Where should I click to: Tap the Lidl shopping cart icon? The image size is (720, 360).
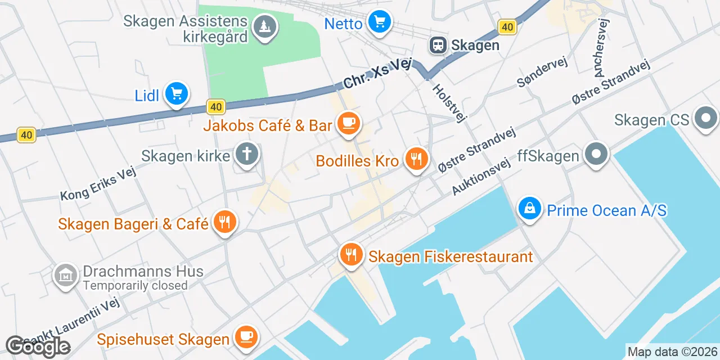177,94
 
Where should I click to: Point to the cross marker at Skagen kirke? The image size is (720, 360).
246,154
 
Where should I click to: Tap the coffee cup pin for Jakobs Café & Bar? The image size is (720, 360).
348,123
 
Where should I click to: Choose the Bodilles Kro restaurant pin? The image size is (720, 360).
416,160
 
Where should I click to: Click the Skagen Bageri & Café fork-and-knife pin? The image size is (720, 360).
224,222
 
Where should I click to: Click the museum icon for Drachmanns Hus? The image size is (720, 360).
66,276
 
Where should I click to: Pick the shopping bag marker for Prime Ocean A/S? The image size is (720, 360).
529,209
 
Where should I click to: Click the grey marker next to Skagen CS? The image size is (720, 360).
706,118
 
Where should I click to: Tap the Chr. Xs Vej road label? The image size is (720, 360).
378,74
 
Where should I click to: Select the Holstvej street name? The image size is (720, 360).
450,103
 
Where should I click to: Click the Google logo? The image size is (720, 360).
38,346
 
